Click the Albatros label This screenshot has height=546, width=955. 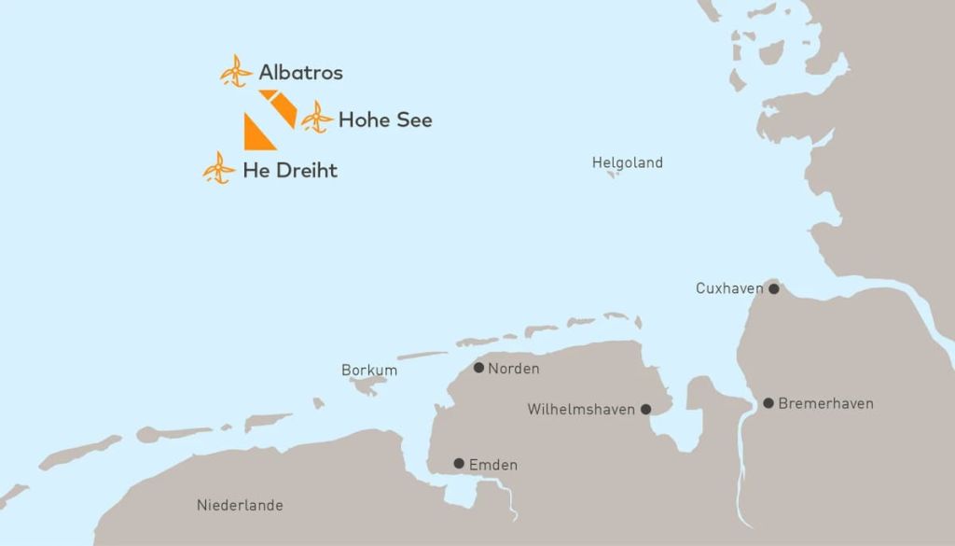point(300,72)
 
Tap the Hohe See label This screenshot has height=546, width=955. point(384,120)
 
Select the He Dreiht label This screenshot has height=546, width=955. point(289,171)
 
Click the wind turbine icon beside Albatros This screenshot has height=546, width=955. point(236,71)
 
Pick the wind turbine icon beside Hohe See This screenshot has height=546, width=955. point(317,118)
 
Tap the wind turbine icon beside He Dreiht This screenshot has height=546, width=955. point(219,168)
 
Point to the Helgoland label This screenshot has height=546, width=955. point(627,162)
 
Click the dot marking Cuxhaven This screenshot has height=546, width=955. point(773,288)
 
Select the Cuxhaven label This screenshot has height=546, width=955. point(729,288)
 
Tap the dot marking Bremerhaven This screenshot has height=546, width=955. point(768,403)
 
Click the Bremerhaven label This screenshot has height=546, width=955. point(825,403)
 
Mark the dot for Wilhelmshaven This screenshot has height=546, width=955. point(645,409)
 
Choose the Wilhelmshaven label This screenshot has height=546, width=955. point(581,409)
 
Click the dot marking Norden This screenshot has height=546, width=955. point(478,368)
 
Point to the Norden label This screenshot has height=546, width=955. point(513,369)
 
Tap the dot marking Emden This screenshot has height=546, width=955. point(458,464)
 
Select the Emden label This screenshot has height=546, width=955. point(493,465)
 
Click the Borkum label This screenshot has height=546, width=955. point(369,371)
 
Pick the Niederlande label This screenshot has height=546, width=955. point(240,505)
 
